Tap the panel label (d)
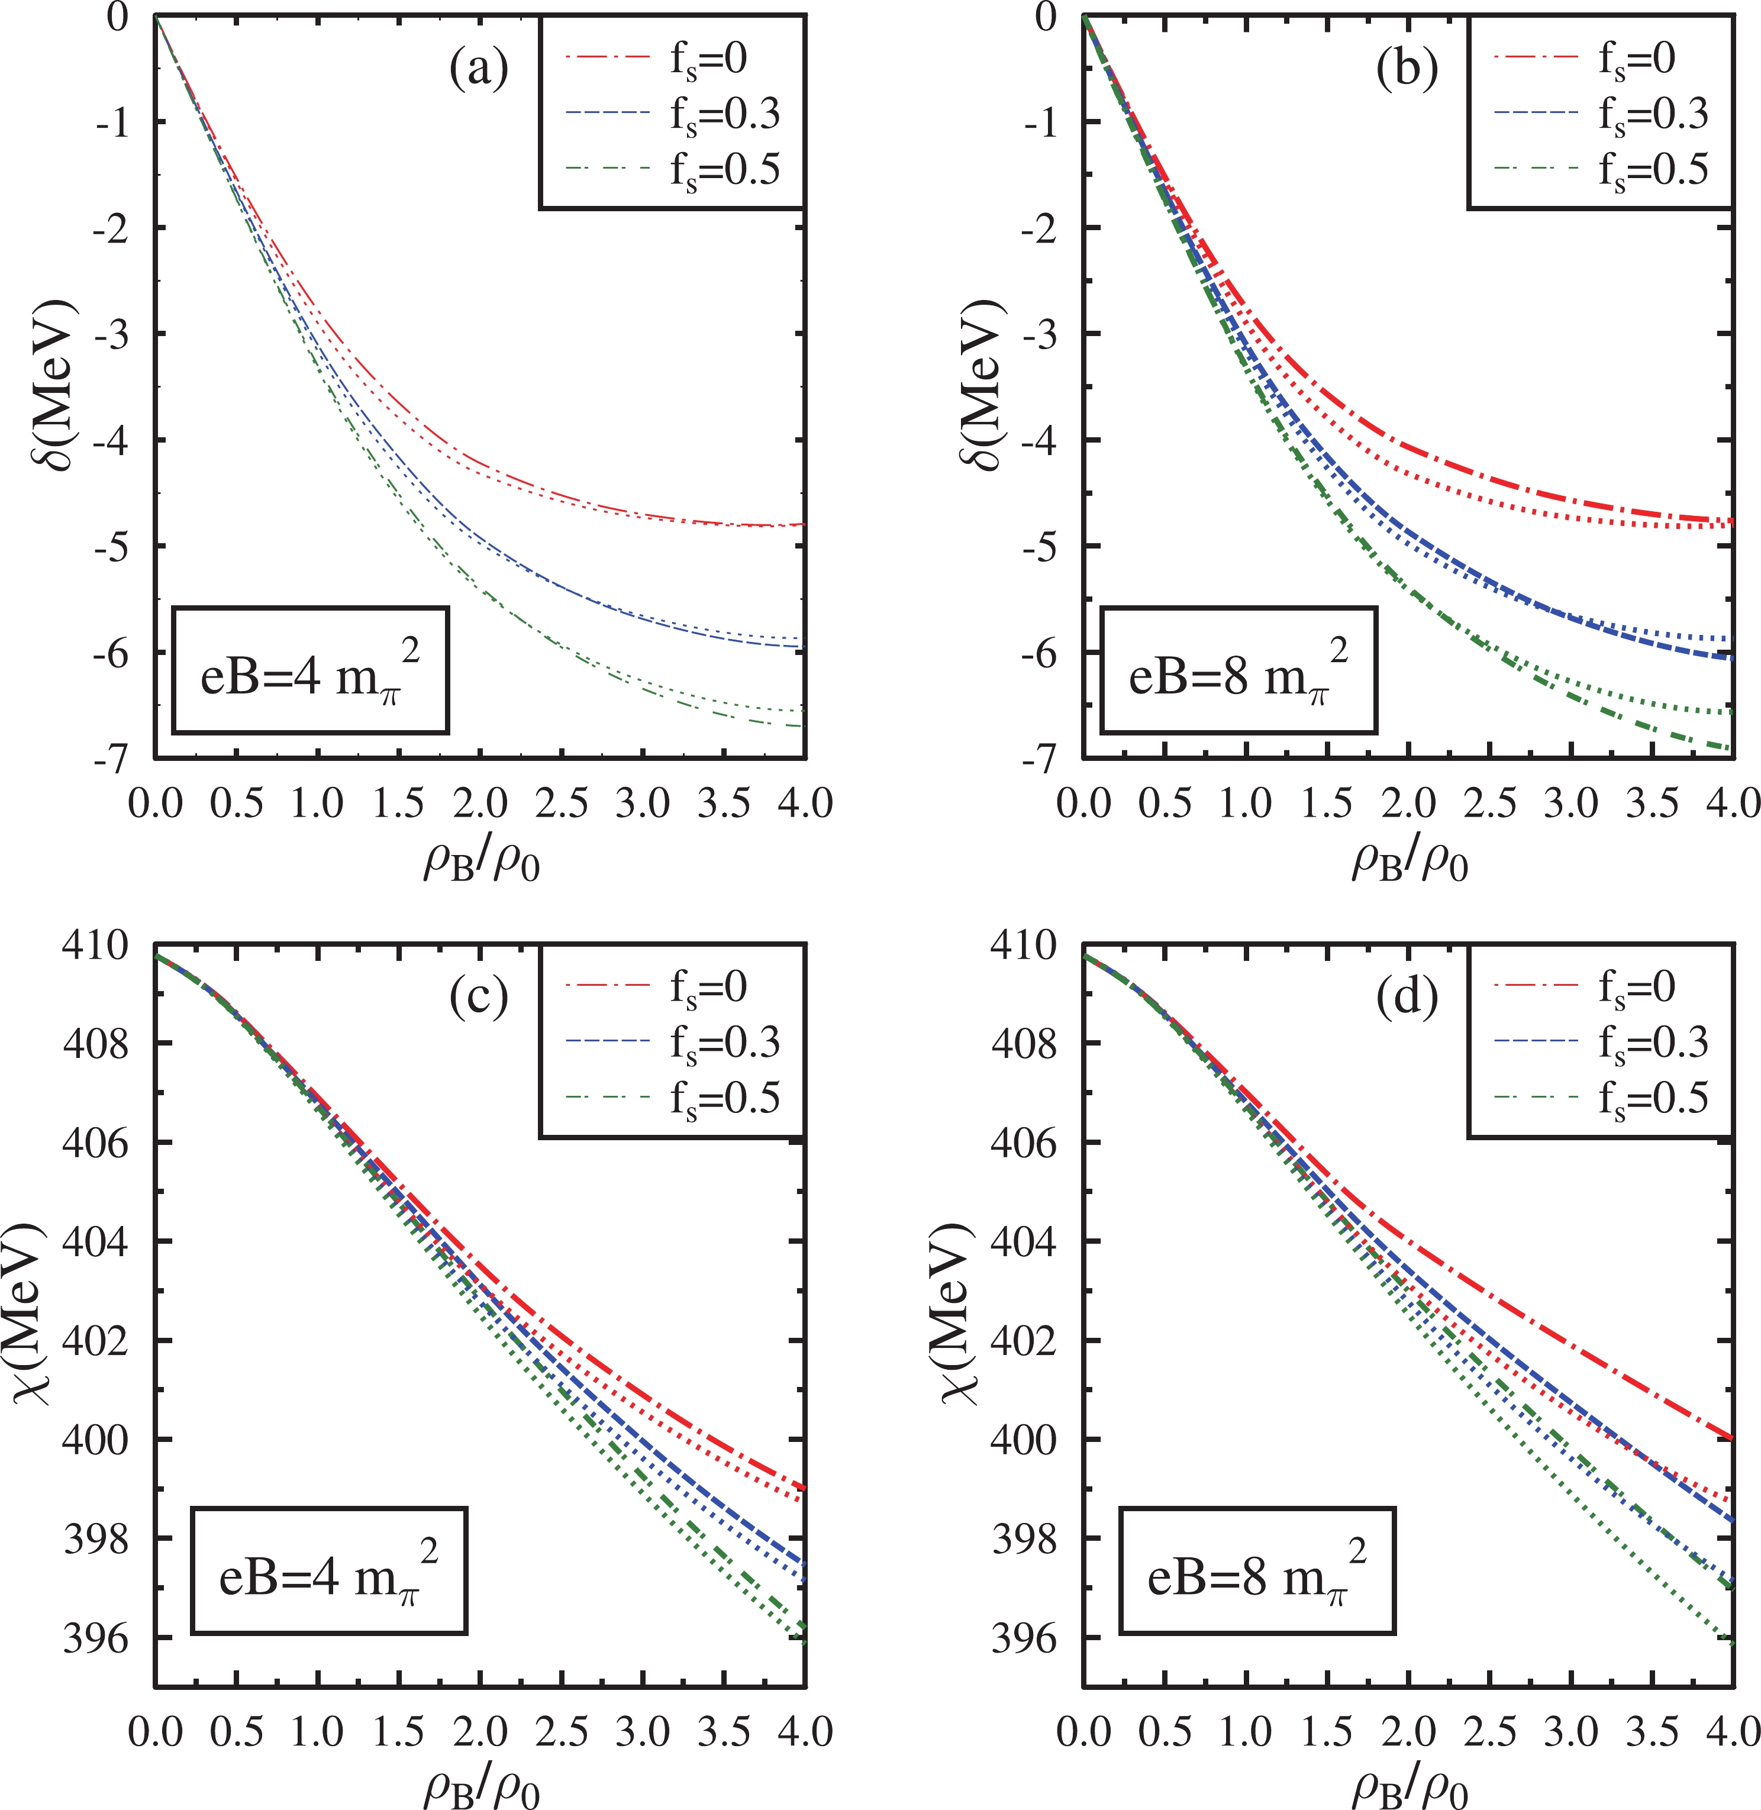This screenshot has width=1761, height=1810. pyautogui.click(x=1407, y=998)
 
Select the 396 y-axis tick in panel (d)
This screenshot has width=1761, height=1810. pyautogui.click(x=1024, y=1638)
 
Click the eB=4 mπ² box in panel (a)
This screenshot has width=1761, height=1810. pyautogui.click(x=310, y=670)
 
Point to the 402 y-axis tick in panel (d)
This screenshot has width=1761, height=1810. pyautogui.click(x=1024, y=1341)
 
